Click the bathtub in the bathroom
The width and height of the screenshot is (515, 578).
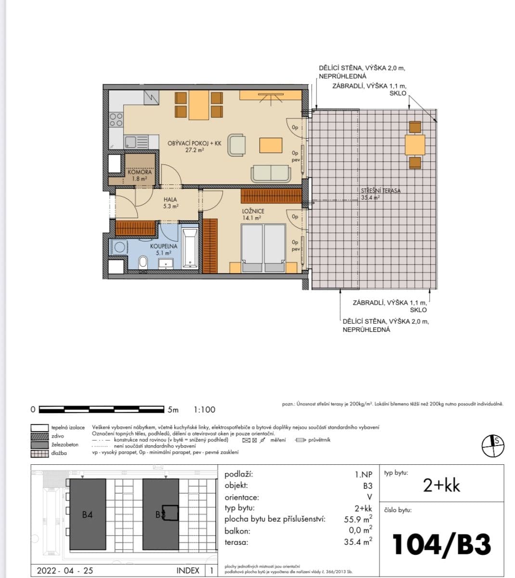[x=190, y=249]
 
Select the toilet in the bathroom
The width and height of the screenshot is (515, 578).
[x=143, y=263]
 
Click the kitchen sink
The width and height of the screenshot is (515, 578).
[x=130, y=142]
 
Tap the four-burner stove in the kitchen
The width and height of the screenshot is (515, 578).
[x=116, y=119]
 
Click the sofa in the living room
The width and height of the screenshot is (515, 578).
[x=271, y=173]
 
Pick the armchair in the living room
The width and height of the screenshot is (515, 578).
[x=237, y=145]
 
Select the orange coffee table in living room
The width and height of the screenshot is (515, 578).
[x=271, y=145]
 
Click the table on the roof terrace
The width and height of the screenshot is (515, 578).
[x=415, y=144]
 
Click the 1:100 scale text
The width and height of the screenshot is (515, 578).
[x=205, y=410]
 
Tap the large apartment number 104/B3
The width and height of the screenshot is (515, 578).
[x=441, y=545]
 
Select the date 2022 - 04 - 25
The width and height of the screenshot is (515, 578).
[x=65, y=571]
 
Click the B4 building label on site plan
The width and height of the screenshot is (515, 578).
[x=87, y=515]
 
